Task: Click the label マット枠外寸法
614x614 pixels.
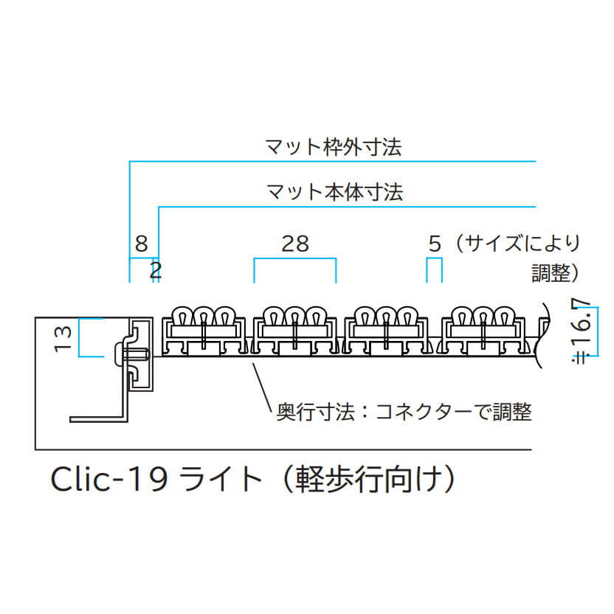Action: pyautogui.click(x=334, y=148)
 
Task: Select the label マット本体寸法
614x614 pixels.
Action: pyautogui.click(x=335, y=192)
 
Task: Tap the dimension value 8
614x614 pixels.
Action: pyautogui.click(x=142, y=244)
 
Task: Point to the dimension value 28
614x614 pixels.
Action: pyautogui.click(x=295, y=244)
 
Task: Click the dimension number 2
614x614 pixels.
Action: pyautogui.click(x=156, y=270)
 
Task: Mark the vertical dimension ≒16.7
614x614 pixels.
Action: pyautogui.click(x=582, y=331)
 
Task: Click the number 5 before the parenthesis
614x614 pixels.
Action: pyautogui.click(x=435, y=244)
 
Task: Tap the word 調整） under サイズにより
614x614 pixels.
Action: pyautogui.click(x=555, y=273)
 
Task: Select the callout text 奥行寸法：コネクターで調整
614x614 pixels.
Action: pyautogui.click(x=404, y=412)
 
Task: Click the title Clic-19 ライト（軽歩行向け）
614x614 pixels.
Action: pyautogui.click(x=253, y=479)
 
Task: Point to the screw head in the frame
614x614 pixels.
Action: pyautogui.click(x=119, y=353)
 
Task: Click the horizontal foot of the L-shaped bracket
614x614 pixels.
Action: pyautogui.click(x=99, y=419)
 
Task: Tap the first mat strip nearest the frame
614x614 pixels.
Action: pyautogui.click(x=204, y=331)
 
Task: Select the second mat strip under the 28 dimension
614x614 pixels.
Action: pyautogui.click(x=295, y=331)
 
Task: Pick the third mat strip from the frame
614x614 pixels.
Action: pyautogui.click(x=386, y=331)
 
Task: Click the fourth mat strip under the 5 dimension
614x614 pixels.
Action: pyautogui.click(x=483, y=331)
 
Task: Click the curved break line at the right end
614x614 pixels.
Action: pyautogui.click(x=545, y=335)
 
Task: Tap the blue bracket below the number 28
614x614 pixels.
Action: pyautogui.click(x=295, y=258)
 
